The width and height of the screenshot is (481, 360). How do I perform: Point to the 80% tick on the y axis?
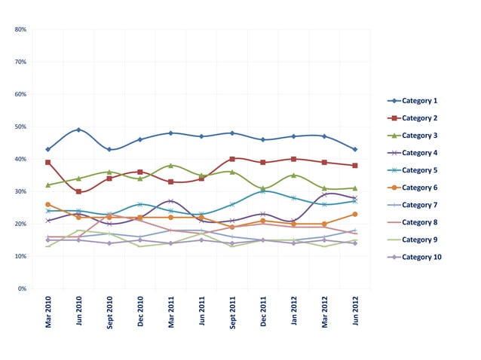20,29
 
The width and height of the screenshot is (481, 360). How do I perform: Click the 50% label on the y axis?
20,127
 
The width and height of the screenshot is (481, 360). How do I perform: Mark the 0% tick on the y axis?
22,288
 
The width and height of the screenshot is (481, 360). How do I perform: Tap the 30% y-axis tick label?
20,191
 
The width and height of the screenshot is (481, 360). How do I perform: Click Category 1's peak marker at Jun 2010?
78,130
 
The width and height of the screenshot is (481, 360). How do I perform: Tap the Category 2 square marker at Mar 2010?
48,162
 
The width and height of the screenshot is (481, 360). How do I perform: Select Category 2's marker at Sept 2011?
232,159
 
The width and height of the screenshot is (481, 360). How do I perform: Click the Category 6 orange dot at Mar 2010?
48,204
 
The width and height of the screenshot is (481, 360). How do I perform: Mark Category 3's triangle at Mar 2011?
171,165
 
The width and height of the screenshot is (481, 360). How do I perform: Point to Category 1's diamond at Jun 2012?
355,149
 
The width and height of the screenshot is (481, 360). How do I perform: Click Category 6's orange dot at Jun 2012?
355,214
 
